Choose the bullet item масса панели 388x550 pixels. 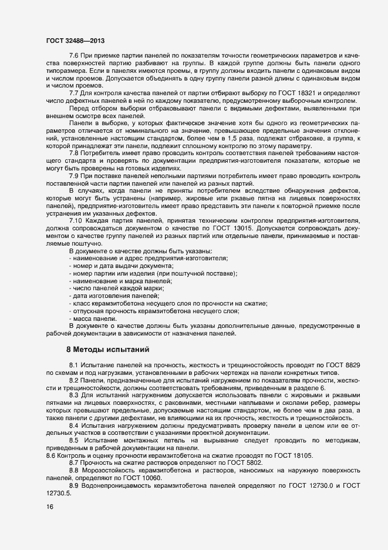pyautogui.click(x=90, y=318)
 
